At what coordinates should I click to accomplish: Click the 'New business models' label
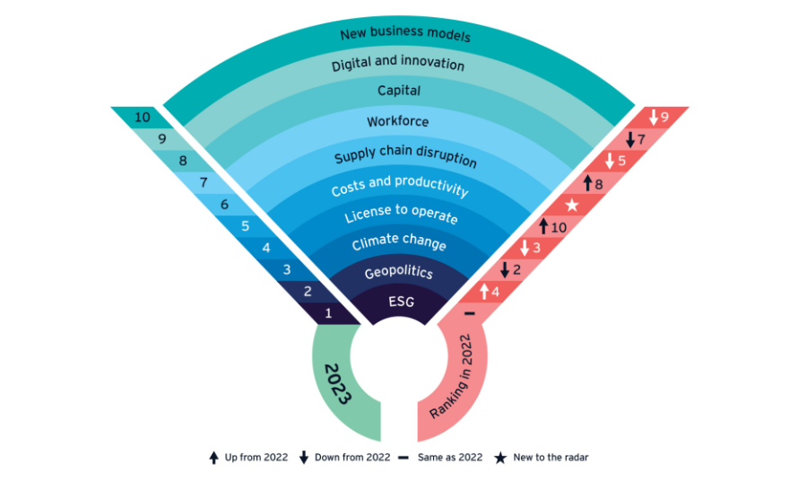pyautogui.click(x=405, y=36)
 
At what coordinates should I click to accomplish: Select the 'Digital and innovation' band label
pyautogui.click(x=398, y=65)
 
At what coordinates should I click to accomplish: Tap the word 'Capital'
pyautogui.click(x=399, y=91)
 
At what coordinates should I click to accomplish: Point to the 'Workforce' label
pyautogui.click(x=398, y=121)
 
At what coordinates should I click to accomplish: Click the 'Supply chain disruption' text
pyautogui.click(x=405, y=156)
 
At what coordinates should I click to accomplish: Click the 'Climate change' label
pyautogui.click(x=399, y=243)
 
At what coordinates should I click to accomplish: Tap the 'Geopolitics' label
pyautogui.click(x=398, y=273)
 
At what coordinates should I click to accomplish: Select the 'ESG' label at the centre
pyautogui.click(x=401, y=302)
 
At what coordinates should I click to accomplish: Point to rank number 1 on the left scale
pyautogui.click(x=328, y=313)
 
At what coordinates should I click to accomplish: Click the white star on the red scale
pyautogui.click(x=571, y=206)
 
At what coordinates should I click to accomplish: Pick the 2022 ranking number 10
pyautogui.click(x=552, y=227)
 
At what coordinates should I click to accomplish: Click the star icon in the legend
pyautogui.click(x=500, y=458)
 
